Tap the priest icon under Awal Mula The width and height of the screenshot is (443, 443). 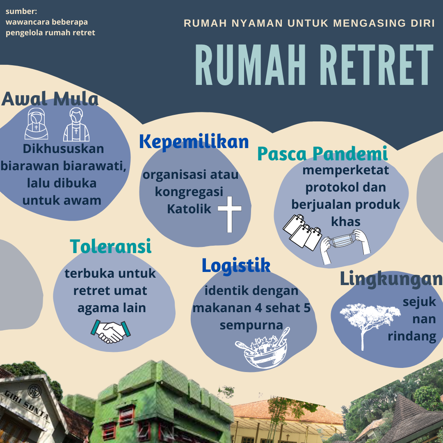76,124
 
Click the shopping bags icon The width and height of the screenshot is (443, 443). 302,232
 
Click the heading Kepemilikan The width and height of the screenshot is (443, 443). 194,142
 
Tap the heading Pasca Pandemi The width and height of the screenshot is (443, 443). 322,153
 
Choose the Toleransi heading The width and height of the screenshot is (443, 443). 111,247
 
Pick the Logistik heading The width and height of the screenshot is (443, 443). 236,265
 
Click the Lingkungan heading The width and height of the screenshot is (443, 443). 391,279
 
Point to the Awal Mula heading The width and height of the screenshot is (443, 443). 50,99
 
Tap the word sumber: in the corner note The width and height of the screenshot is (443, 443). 21,11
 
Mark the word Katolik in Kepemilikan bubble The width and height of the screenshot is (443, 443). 189,209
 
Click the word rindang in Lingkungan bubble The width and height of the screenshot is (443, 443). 412,336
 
